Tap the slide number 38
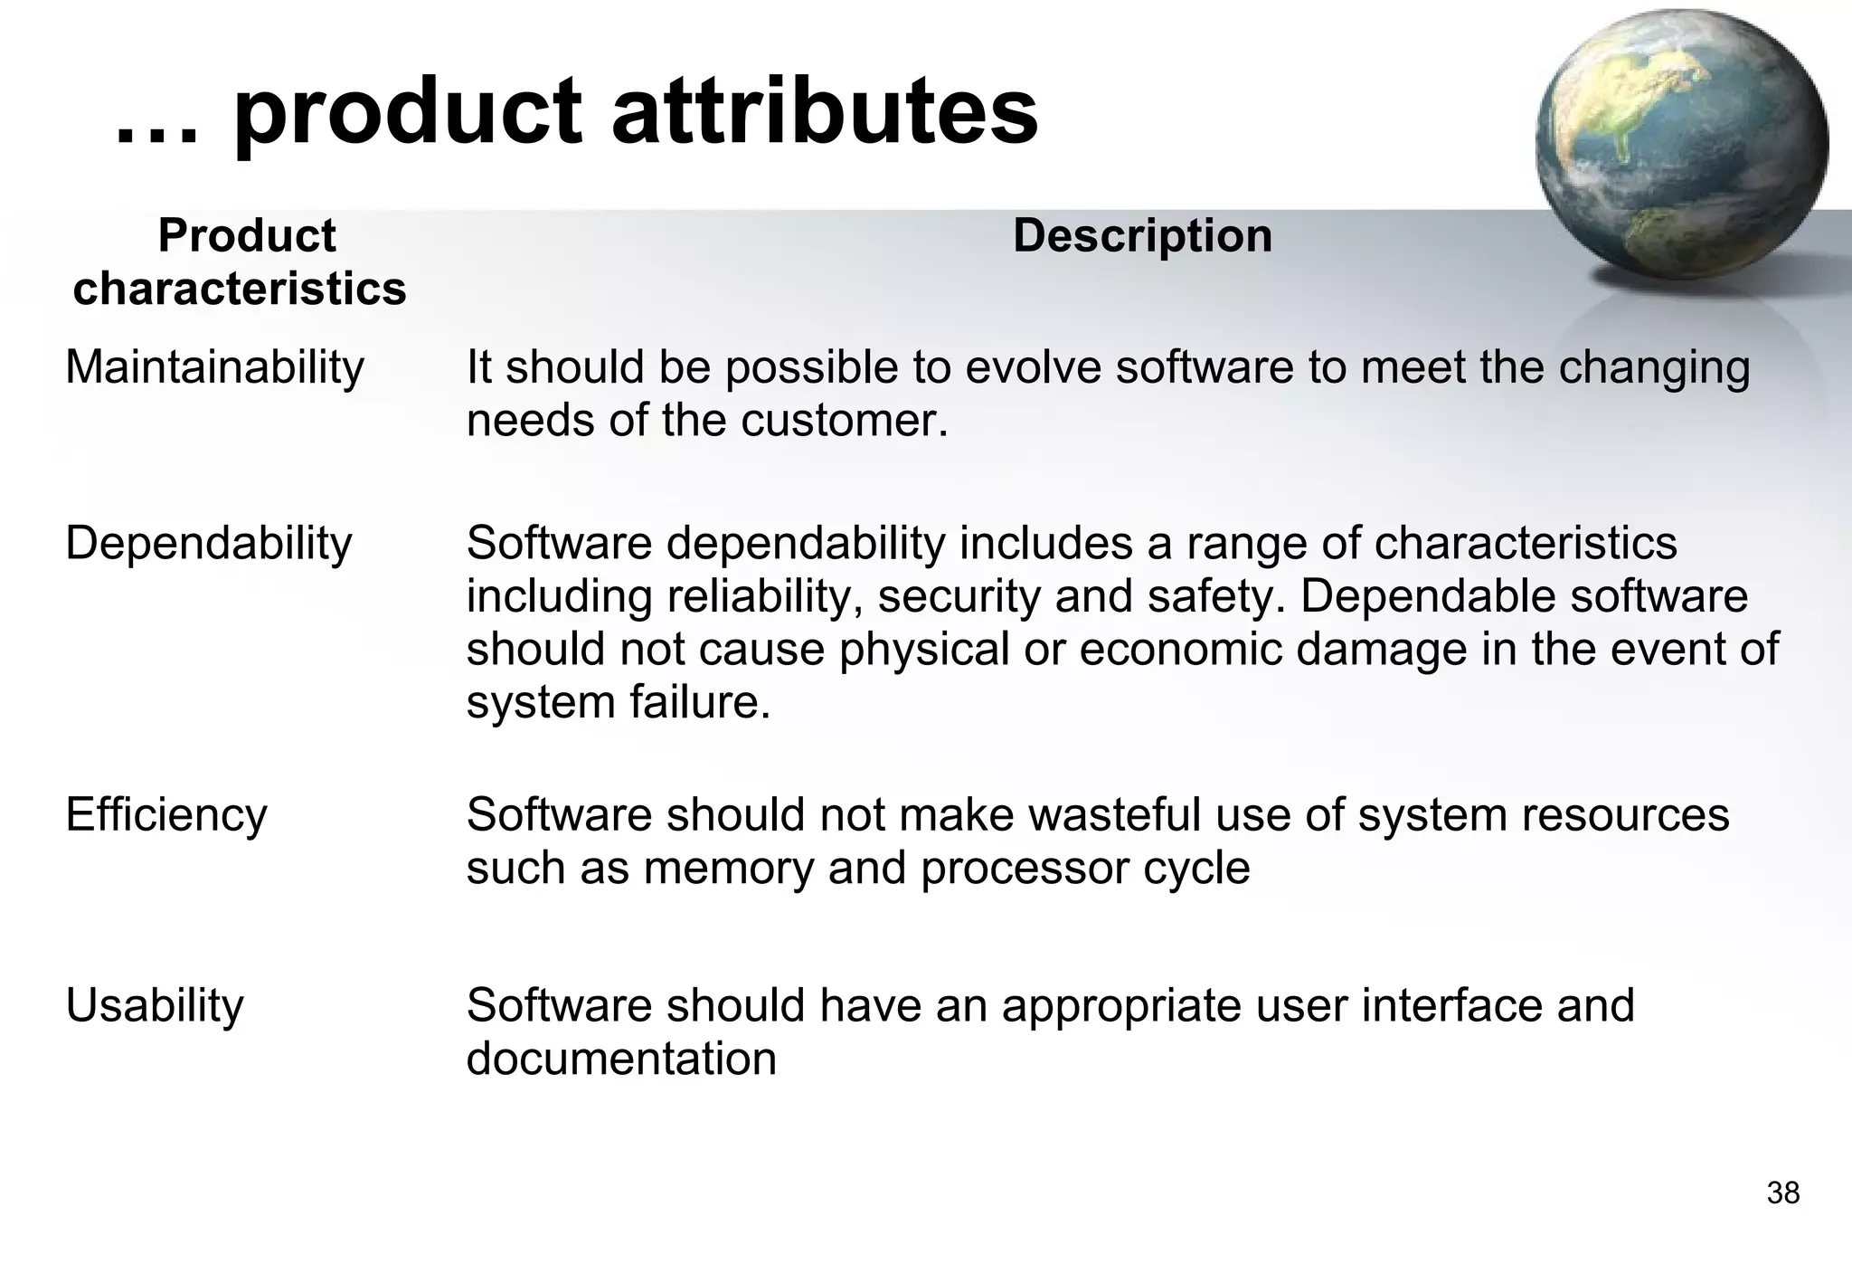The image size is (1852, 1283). pos(1782,1193)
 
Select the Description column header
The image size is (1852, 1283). pos(1142,235)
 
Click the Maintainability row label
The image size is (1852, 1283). pos(214,367)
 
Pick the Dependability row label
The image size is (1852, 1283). pos(208,543)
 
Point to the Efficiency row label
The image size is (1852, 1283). pos(166,814)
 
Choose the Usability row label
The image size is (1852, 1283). pos(155,1005)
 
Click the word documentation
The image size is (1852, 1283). pos(621,1058)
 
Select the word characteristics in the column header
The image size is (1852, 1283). pos(240,289)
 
